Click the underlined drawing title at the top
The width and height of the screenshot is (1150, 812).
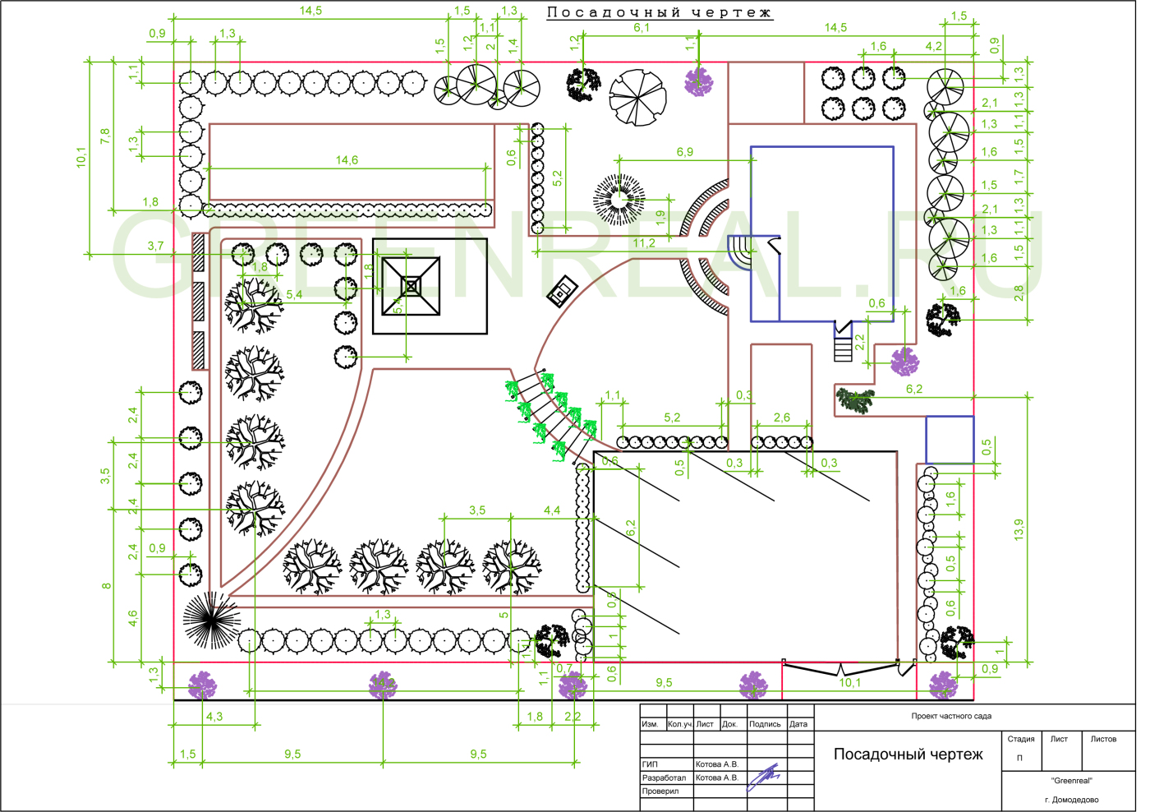[660, 12]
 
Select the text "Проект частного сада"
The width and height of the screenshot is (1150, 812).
[951, 716]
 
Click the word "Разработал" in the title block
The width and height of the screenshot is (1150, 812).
[664, 777]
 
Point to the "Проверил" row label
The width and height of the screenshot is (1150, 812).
[660, 791]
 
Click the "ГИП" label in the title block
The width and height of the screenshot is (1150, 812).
[650, 764]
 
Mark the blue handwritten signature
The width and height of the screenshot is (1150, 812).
[763, 777]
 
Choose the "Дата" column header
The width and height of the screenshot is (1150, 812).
[798, 724]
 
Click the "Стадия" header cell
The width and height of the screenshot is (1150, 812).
[1021, 739]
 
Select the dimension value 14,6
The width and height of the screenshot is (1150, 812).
[347, 160]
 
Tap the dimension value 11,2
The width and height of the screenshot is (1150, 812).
[644, 243]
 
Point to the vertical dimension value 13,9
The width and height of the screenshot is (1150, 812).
[1019, 529]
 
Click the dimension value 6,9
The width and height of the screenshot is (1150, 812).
[684, 152]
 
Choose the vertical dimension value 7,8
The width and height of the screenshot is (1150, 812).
[104, 136]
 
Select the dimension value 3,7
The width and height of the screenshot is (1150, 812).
[155, 246]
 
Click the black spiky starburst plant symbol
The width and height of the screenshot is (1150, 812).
[211, 620]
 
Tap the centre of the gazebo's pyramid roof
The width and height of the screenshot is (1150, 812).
[412, 286]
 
